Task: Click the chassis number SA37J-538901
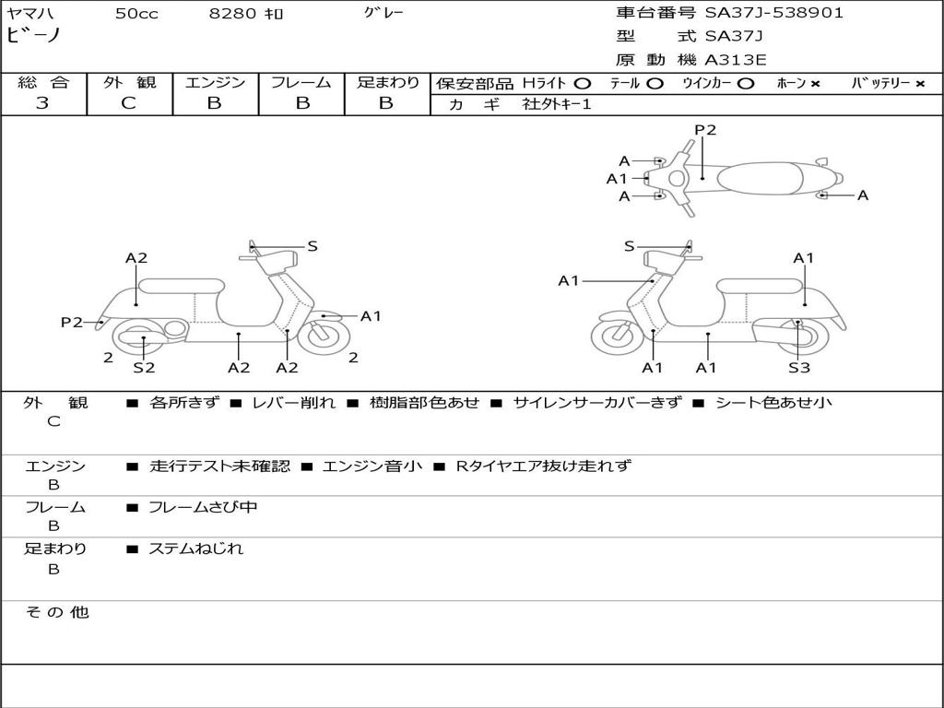point(773,13)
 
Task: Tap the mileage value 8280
point(232,13)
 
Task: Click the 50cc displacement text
point(136,13)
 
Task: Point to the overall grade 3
point(42,103)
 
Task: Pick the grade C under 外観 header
point(129,103)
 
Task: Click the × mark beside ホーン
point(815,84)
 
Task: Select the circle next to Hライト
point(583,84)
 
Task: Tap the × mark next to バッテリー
point(920,84)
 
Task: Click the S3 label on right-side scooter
point(799,367)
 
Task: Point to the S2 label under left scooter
point(144,367)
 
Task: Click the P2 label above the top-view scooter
point(705,130)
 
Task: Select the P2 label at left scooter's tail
point(72,322)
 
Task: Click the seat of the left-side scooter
point(182,286)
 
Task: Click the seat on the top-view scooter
point(760,178)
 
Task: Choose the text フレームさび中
point(203,508)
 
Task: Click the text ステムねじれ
point(196,549)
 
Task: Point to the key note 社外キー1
point(557,104)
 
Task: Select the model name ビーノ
point(33,35)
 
